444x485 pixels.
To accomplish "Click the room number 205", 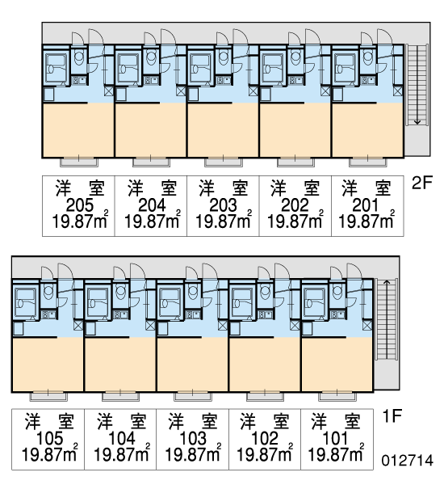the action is click(80, 205).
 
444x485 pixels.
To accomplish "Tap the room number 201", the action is click(366, 205).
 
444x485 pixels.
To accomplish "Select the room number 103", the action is click(193, 438).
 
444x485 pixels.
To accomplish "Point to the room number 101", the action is click(335, 438).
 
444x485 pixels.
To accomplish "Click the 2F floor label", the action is click(422, 183).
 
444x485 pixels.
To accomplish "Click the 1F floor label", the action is click(392, 415).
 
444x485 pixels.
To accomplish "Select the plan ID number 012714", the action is click(407, 461).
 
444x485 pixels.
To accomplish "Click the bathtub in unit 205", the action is click(57, 69).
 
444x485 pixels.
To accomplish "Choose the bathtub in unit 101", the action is click(315, 302).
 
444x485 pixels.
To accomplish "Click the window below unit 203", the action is click(224, 162).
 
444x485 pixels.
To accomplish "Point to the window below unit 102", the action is click(265, 396).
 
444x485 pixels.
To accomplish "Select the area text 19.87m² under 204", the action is click(152, 221).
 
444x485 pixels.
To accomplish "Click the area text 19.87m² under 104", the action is click(122, 454).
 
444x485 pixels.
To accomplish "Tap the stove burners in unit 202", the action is click(291, 81).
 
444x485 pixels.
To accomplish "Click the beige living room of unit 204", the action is click(151, 130).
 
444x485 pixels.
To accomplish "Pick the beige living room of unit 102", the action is click(265, 365).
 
